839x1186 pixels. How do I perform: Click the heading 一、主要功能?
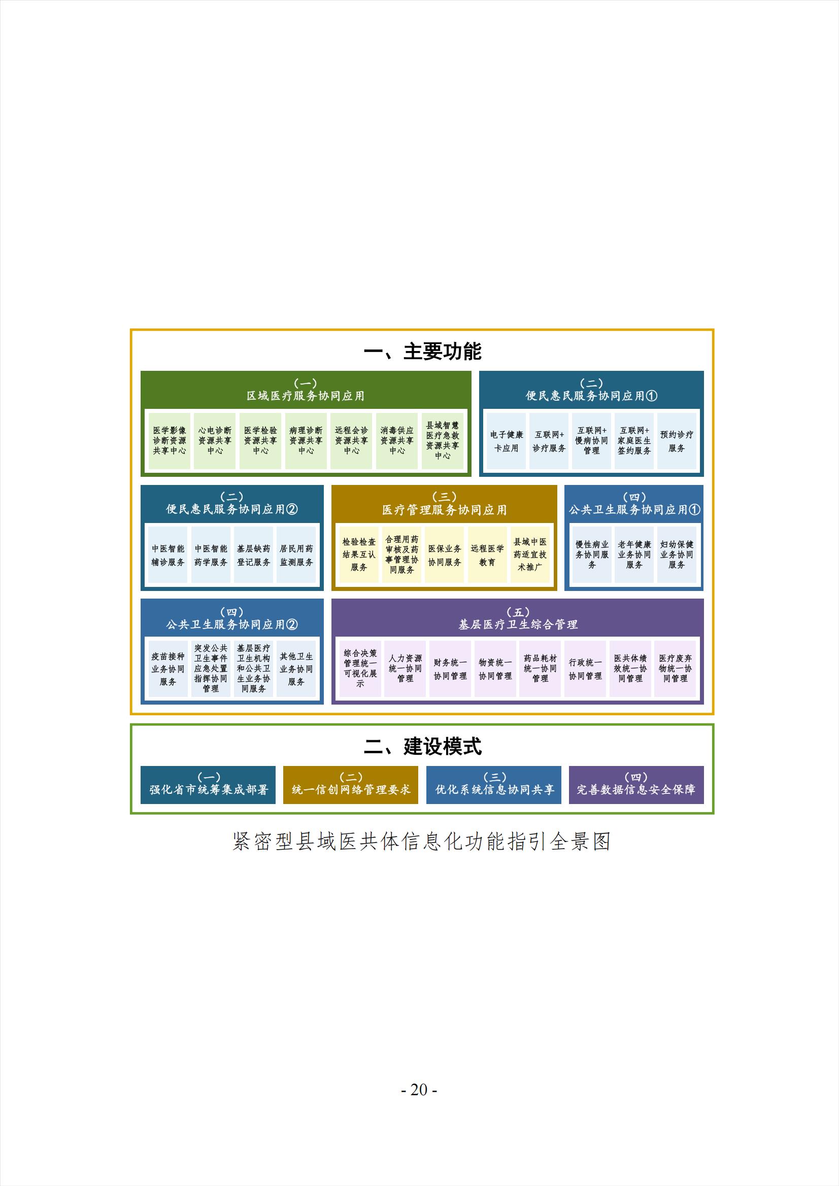point(422,351)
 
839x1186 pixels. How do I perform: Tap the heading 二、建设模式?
point(422,746)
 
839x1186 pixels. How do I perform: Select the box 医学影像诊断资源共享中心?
point(170,441)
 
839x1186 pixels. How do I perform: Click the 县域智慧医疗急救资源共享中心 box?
point(443,441)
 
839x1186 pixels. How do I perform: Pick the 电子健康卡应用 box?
point(506,441)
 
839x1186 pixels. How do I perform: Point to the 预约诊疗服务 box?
point(677,441)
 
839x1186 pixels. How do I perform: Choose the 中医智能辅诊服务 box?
point(168,555)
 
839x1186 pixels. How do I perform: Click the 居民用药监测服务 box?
point(296,555)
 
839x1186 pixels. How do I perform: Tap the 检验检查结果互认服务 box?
point(359,555)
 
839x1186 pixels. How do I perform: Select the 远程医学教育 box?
point(487,555)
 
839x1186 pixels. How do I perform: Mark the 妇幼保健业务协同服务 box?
point(677,555)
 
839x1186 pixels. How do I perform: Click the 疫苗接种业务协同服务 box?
point(168,669)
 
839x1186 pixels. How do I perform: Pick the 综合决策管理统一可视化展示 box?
point(360,669)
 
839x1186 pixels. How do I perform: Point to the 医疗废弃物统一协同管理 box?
point(675,669)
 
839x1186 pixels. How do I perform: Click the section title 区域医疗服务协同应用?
point(306,396)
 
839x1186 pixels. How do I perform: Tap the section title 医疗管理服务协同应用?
point(444,510)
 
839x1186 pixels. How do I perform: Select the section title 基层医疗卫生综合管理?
point(518,624)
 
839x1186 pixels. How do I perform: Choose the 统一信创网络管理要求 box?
point(351,785)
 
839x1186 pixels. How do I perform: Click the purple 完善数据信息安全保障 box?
point(636,785)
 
